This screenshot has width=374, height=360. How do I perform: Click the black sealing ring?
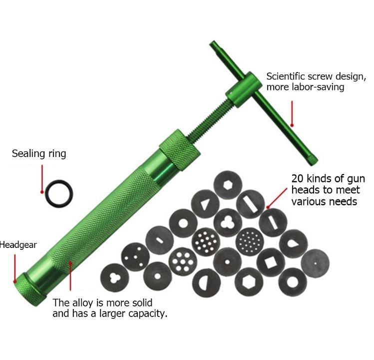(x=58, y=193)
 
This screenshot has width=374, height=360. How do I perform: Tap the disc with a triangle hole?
(x=205, y=203)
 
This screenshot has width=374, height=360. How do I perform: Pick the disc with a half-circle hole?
(x=207, y=282)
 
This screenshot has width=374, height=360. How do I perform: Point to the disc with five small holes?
(x=135, y=256)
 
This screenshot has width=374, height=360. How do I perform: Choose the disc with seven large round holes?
(x=183, y=261)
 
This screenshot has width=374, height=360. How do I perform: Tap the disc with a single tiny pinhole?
(x=315, y=261)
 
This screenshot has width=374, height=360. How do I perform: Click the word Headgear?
(x=18, y=245)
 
